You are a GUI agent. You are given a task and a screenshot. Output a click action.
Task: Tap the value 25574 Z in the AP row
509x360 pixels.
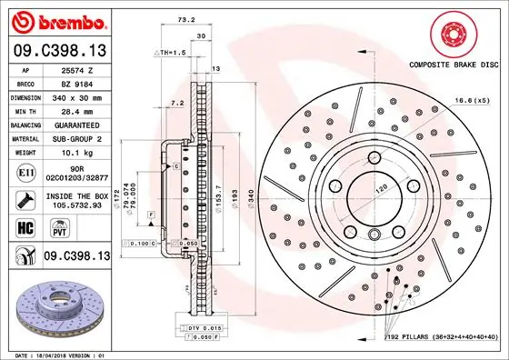(79, 69)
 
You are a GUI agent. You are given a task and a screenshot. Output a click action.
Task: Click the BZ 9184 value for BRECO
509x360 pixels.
(79, 83)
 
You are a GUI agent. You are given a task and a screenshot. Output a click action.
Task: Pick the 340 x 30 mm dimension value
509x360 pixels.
(79, 96)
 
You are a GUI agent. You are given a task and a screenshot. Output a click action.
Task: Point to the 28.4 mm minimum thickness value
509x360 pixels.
(79, 110)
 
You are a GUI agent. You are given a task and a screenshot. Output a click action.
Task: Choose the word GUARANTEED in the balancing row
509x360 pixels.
(79, 124)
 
